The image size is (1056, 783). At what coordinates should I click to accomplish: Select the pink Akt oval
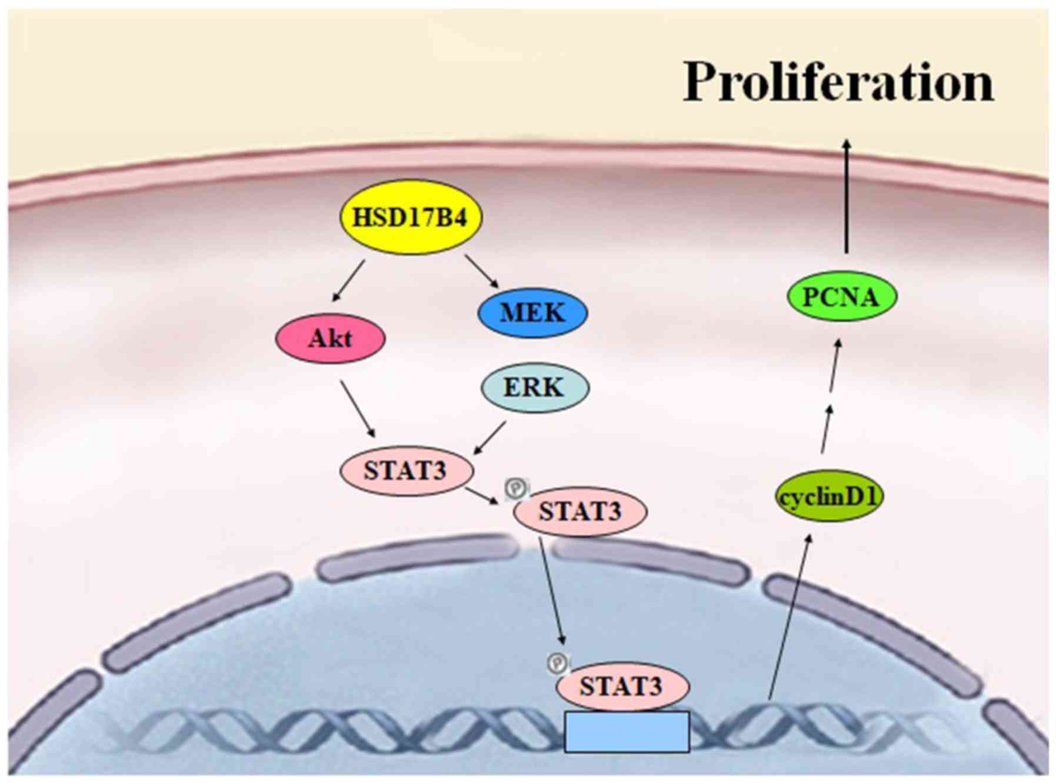331,338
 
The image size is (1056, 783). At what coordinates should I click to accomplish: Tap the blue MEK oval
532,312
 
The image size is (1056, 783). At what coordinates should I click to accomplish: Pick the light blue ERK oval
534,387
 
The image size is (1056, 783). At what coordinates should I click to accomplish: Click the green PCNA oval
841,296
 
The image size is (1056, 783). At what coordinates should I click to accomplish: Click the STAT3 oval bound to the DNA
622,686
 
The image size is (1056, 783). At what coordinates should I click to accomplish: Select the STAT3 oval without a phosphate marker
406,471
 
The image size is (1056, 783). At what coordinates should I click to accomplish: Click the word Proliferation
838,82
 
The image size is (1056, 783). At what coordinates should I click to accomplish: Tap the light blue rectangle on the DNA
627,731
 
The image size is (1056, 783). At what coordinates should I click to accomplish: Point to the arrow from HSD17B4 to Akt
348,281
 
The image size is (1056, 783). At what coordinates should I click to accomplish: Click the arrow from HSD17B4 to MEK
482,271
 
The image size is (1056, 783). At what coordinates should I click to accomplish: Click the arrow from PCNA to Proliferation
846,197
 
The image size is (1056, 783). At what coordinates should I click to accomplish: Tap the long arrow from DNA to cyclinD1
789,618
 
